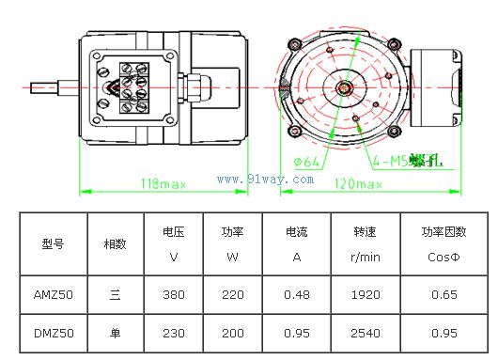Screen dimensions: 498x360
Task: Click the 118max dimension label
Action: point(163,183)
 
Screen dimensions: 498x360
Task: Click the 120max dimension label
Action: point(358,183)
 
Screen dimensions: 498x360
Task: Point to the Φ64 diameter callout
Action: point(306,162)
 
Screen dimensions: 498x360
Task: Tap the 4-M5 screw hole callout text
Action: point(408,161)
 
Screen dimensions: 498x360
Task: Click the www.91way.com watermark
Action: point(266,180)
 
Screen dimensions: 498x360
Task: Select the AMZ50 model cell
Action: point(54,294)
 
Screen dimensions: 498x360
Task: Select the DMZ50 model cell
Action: point(54,333)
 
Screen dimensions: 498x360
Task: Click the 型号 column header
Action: point(53,243)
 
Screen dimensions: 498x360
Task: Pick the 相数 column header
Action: point(115,243)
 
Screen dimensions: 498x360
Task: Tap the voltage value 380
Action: point(174,294)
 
